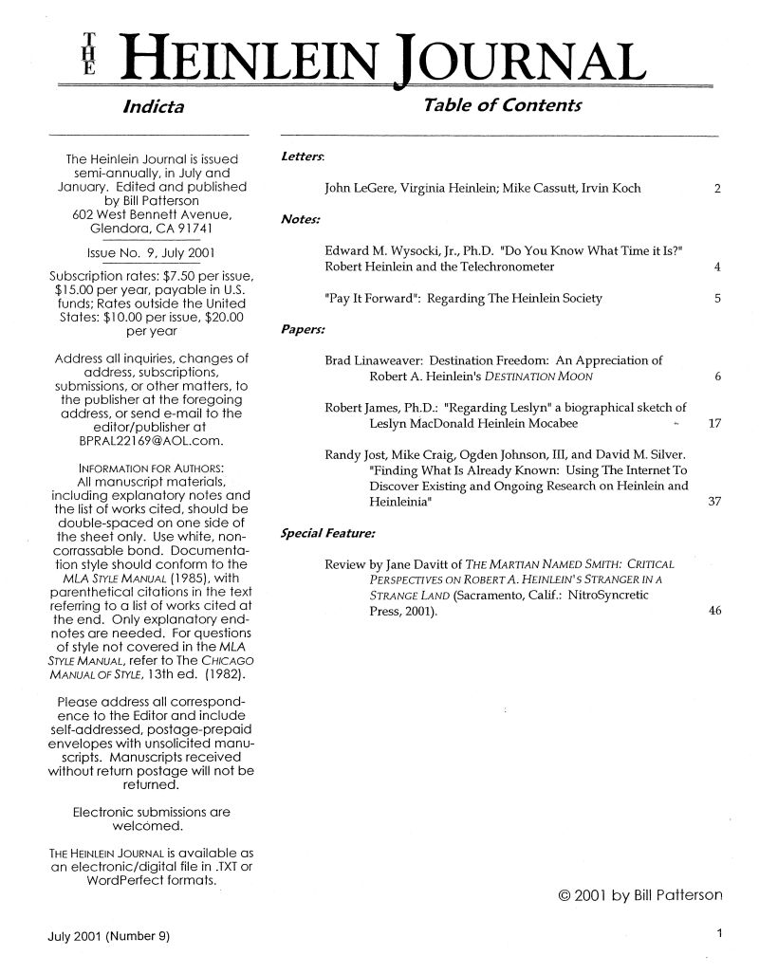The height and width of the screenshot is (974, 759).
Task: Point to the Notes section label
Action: tap(298, 220)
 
